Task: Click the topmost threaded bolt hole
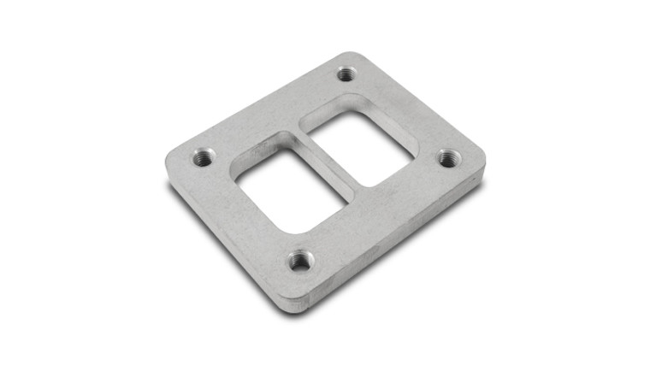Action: [x=346, y=74]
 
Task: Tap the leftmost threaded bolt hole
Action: [x=204, y=157]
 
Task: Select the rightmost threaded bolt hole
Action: [x=449, y=158]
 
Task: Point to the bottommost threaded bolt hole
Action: [x=299, y=260]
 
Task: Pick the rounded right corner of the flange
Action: [x=480, y=159]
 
